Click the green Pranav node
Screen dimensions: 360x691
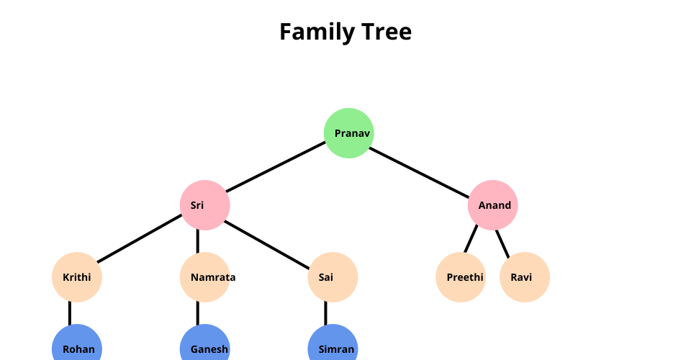click(x=349, y=133)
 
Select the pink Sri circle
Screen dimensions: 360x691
click(x=205, y=205)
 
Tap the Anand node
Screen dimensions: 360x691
click(x=493, y=205)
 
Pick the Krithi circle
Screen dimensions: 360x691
click(x=77, y=277)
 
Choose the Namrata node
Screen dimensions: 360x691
click(x=205, y=277)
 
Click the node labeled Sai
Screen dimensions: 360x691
click(x=333, y=277)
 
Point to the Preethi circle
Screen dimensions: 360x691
click(x=461, y=277)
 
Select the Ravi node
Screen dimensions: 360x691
click(x=525, y=277)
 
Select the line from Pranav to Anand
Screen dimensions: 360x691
click(x=421, y=169)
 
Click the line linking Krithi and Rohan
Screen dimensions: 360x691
click(x=70, y=313)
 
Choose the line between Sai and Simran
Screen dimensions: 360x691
click(x=326, y=313)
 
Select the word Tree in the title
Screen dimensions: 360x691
click(x=388, y=32)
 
